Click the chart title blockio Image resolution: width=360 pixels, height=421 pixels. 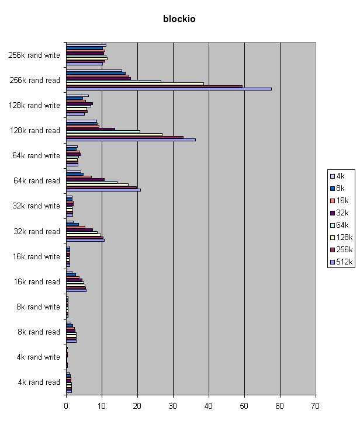[x=179, y=19]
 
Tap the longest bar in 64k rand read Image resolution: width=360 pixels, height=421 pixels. [x=103, y=190]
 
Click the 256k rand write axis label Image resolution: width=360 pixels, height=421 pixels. [x=34, y=55]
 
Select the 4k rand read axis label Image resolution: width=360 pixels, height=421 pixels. [x=39, y=382]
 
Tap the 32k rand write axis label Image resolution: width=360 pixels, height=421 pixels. [x=36, y=206]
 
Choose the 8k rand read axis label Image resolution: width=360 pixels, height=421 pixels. [x=39, y=332]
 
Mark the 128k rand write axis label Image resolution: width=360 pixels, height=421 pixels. [x=34, y=106]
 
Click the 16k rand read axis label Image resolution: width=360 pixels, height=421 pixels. [x=36, y=282]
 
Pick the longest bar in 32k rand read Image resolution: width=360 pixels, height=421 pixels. [x=85, y=240]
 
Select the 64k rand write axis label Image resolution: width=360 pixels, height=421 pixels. [x=36, y=156]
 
